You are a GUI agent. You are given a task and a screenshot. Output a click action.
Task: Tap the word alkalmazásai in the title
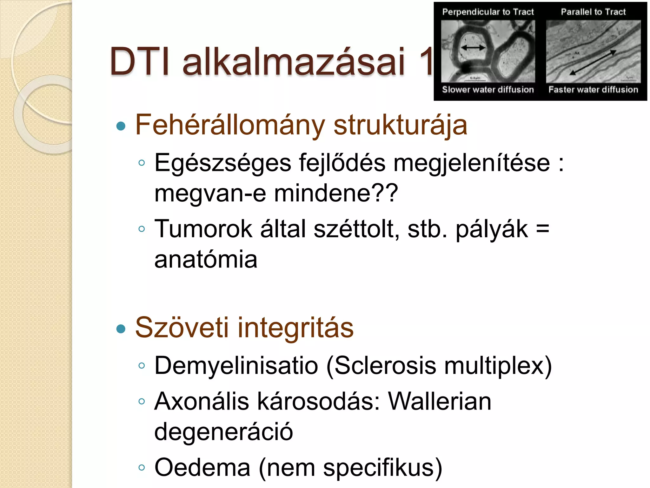coord(294,62)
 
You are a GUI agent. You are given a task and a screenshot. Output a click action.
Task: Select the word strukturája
coord(400,126)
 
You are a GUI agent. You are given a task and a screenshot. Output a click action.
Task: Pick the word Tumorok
coord(203,229)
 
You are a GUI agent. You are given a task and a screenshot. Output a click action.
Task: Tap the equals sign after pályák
coord(542,229)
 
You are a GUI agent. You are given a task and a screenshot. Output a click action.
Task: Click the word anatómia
coord(206,259)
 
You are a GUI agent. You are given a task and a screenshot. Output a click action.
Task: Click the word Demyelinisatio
coord(236,366)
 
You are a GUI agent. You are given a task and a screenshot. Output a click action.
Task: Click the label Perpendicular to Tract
coord(488,12)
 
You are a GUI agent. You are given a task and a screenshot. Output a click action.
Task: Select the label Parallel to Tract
coord(593,12)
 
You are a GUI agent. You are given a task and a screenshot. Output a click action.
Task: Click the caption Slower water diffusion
coord(488,90)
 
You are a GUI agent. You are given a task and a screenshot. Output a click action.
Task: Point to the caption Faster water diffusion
coord(593,90)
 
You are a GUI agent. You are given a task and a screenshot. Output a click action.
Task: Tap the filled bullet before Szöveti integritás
coord(121,329)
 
